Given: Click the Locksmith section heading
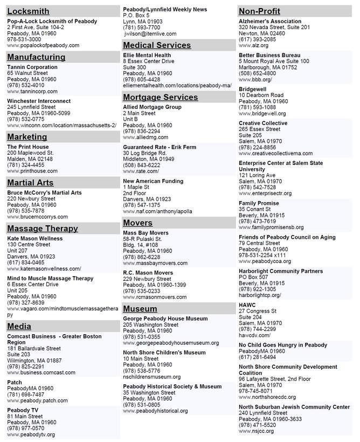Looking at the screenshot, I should (x=28, y=11).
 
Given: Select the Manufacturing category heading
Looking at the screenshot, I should (x=37, y=57).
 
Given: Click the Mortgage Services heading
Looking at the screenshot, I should (x=161, y=98).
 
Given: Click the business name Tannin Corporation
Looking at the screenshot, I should (x=32, y=67).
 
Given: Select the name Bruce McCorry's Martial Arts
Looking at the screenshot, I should (x=44, y=192).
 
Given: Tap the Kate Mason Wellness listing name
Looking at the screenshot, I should (x=35, y=238).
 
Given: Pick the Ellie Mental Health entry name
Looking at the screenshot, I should (x=147, y=56).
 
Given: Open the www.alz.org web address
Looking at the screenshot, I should (x=254, y=46).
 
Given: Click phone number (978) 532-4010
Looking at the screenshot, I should (x=26, y=85).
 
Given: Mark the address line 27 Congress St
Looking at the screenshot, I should (x=258, y=312).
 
